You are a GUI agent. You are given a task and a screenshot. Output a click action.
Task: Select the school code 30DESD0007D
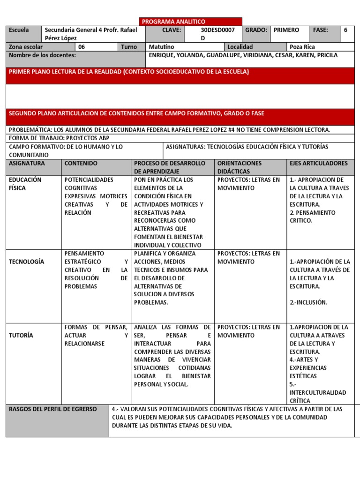click(217, 34)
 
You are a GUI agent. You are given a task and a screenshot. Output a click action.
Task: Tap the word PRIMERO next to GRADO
click(286, 30)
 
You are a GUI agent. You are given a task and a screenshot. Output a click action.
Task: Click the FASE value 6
click(345, 30)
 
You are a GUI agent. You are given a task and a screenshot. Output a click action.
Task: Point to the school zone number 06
click(82, 47)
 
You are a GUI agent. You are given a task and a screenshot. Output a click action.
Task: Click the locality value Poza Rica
click(302, 47)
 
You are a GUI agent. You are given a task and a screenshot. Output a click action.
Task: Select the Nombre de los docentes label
click(42, 55)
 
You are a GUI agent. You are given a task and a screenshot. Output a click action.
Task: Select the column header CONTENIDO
click(81, 164)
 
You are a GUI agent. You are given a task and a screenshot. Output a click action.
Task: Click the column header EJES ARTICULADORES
click(319, 164)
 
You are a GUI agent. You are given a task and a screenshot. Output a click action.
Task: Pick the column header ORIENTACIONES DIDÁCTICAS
click(240, 167)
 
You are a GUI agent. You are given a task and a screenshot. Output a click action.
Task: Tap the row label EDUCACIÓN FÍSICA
click(25, 184)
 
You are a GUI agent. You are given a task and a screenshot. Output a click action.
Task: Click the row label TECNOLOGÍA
click(27, 262)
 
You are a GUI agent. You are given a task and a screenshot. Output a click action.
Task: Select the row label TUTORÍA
click(22, 335)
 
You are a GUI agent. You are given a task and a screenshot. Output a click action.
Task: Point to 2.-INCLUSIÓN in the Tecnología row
click(308, 302)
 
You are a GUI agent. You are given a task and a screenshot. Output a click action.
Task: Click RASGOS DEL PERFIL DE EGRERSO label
click(53, 409)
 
